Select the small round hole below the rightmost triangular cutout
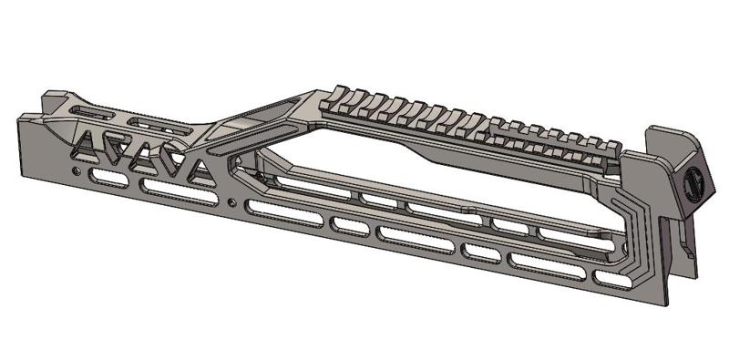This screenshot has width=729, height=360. (x=233, y=201)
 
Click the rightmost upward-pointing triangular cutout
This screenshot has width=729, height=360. (x=196, y=170)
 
